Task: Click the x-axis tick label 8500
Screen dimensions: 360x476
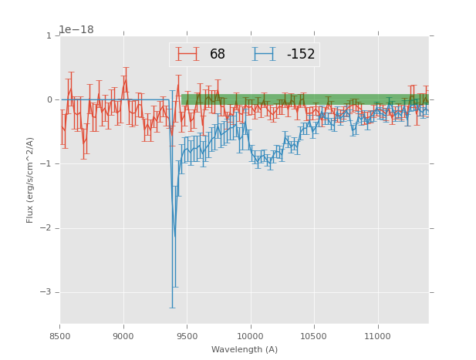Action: click(x=59, y=336)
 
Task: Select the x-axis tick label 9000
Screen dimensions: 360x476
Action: click(x=123, y=336)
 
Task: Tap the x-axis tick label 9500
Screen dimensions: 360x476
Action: click(x=187, y=336)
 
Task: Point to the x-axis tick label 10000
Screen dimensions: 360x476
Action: click(x=251, y=336)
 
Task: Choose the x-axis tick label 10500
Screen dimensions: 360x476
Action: click(x=314, y=336)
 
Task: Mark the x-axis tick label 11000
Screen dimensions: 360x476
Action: click(x=378, y=336)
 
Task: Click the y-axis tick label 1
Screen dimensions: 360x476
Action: click(x=49, y=35)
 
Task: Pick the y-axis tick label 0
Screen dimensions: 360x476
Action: click(x=49, y=99)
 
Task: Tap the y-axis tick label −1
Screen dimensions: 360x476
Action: click(x=46, y=163)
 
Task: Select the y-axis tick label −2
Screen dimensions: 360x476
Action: click(x=46, y=227)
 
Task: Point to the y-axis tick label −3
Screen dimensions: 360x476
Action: click(x=46, y=291)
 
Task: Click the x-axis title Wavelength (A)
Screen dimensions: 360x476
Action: click(x=244, y=349)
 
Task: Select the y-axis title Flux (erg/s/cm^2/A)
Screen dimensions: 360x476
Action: click(x=30, y=180)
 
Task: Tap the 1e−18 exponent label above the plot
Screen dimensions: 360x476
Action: click(x=76, y=29)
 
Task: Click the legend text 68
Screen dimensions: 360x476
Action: click(x=218, y=54)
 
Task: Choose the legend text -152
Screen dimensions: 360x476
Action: click(x=300, y=54)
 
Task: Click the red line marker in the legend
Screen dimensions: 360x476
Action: click(x=187, y=54)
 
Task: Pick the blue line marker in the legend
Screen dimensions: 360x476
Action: click(x=264, y=54)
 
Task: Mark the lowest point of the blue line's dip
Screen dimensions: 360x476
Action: click(x=174, y=238)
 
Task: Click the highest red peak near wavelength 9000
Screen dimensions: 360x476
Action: click(x=126, y=79)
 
